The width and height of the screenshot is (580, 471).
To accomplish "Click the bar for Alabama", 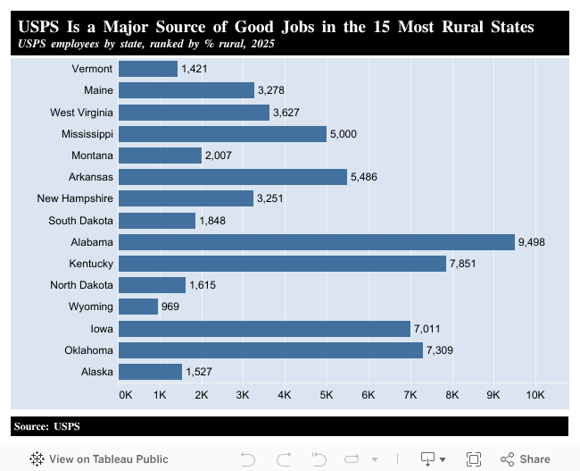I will click(x=316, y=242).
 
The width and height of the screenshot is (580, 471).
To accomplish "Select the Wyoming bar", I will click(x=138, y=307).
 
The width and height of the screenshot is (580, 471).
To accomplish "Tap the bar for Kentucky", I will click(x=281, y=264).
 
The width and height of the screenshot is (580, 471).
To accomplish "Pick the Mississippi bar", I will click(x=222, y=134).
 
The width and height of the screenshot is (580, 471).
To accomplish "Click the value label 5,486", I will click(x=364, y=177).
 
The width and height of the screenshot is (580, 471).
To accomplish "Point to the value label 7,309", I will click(x=440, y=349).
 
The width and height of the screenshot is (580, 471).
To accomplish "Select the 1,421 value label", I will click(x=195, y=69).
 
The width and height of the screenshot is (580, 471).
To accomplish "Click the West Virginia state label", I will click(x=82, y=113).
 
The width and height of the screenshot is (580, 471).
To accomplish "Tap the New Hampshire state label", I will click(x=75, y=198).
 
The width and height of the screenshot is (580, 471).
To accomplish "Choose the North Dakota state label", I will click(x=82, y=285).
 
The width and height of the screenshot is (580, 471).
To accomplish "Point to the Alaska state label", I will click(x=96, y=371).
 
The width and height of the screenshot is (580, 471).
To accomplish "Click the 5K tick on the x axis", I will click(x=327, y=394).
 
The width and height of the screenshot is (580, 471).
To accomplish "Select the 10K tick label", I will click(x=535, y=394).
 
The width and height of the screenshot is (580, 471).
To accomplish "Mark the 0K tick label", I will click(x=125, y=394).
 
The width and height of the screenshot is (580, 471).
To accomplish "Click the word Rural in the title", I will click(x=468, y=27).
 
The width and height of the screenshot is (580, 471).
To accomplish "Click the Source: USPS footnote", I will click(x=47, y=426).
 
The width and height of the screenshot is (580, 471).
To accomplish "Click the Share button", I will click(x=526, y=458).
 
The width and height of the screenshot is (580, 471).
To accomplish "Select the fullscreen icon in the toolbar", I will click(x=474, y=458).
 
